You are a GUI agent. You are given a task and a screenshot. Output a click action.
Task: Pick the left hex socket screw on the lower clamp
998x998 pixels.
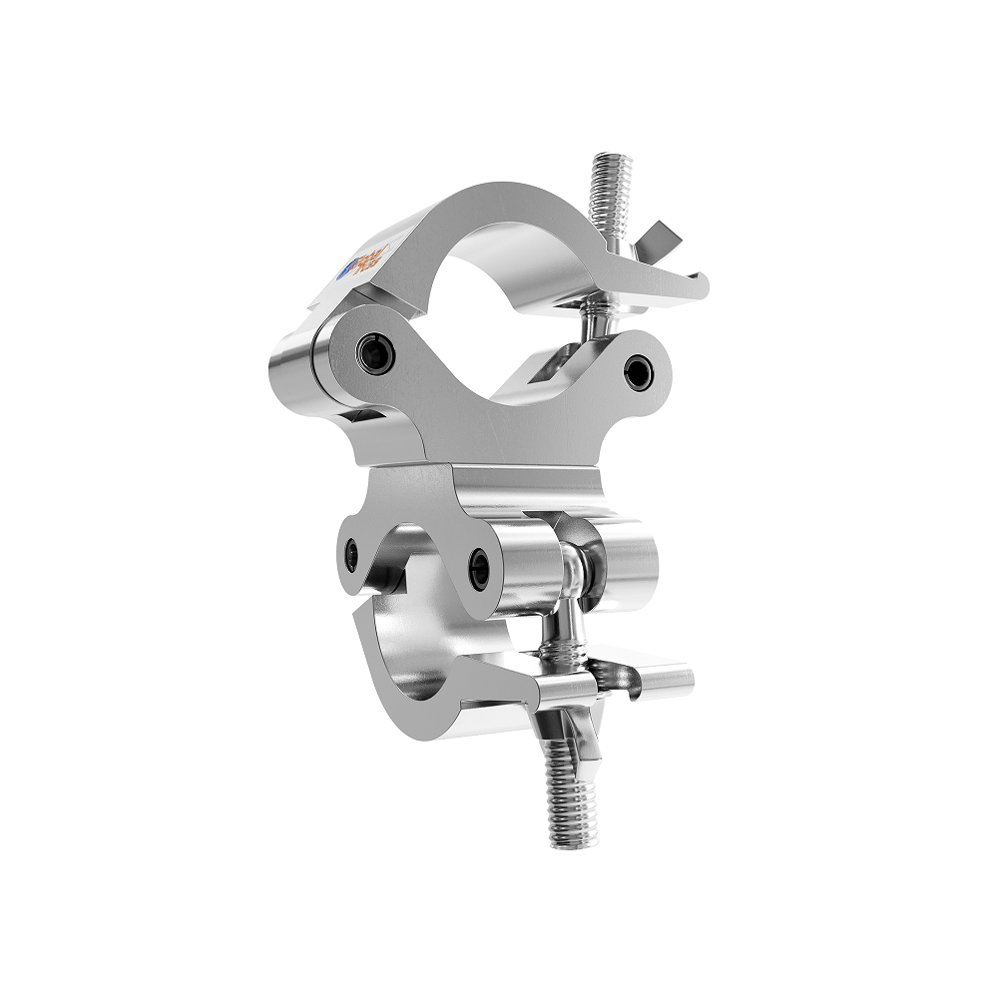click(351, 555)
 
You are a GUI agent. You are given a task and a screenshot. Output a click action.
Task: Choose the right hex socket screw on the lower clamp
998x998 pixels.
click(480, 568)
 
